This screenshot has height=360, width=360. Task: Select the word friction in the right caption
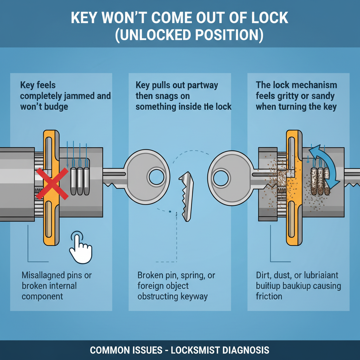click(x=269, y=296)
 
